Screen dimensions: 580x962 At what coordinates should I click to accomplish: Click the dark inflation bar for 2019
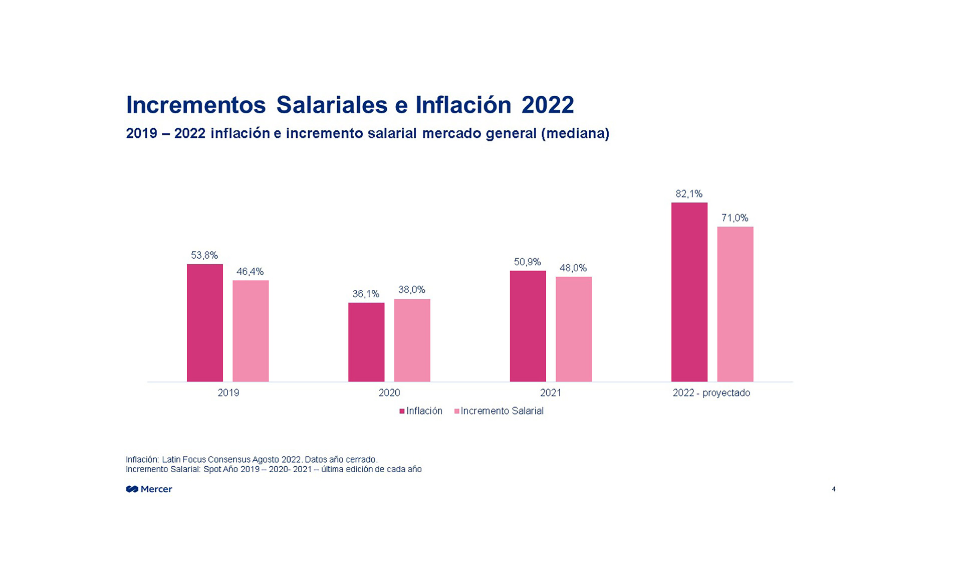point(204,323)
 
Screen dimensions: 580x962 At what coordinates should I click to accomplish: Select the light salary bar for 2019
point(251,331)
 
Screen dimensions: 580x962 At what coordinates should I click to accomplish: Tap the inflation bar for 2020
point(366,342)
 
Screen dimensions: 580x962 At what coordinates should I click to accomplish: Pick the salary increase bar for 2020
point(412,340)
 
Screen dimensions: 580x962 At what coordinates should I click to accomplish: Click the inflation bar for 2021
point(528,326)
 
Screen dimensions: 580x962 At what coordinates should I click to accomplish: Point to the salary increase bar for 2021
point(573,329)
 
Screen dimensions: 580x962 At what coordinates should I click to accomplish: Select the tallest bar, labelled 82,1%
point(689,292)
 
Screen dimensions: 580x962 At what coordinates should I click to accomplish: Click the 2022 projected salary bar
point(735,304)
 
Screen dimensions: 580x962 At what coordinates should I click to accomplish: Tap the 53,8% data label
point(204,256)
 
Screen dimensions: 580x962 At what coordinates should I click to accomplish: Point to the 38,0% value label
point(412,290)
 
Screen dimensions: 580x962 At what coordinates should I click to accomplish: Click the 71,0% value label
point(735,218)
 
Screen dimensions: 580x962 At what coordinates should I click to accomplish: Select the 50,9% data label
point(528,262)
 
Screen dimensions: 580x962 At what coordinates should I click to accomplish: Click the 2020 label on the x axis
point(389,393)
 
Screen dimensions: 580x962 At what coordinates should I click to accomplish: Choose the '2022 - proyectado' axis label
point(711,393)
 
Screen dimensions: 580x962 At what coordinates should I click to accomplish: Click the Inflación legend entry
point(421,411)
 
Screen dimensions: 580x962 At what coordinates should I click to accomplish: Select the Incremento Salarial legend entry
point(499,411)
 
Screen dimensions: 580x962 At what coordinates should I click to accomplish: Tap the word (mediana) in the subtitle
point(575,133)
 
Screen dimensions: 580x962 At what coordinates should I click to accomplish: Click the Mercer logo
point(149,489)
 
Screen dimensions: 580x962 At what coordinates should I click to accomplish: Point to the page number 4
point(834,489)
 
